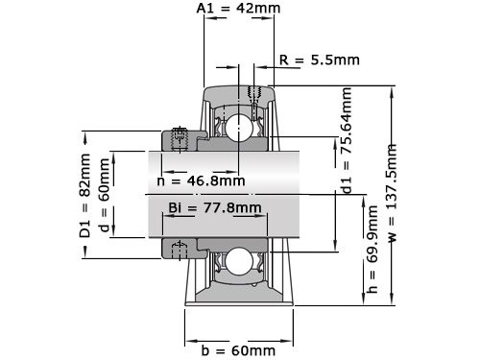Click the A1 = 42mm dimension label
tap(238, 9)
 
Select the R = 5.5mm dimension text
tap(320, 60)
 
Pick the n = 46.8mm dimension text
tap(200, 180)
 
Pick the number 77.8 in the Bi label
tap(224, 208)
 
